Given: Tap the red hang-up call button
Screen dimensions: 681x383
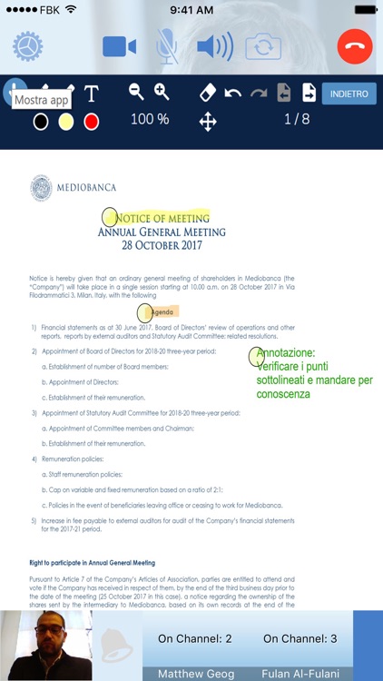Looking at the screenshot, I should tap(355, 46).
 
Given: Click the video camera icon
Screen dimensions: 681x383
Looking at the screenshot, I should tap(119, 46).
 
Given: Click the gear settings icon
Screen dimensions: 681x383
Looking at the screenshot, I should tap(27, 46).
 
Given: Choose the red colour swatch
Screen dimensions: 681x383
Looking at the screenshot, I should tap(91, 122).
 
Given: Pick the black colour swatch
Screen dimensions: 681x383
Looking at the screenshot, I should tap(41, 122).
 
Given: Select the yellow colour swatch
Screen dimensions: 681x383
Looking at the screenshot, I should tap(65, 122).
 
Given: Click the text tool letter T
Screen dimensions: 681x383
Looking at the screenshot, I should tap(91, 94).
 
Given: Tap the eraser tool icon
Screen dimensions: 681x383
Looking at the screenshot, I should tap(207, 93).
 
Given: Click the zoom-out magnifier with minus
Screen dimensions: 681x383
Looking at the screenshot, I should tap(136, 92).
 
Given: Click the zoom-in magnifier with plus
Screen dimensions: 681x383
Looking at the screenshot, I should tap(162, 92).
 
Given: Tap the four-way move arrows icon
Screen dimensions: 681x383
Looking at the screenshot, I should tap(208, 122).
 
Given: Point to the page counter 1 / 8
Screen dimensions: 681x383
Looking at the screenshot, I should tap(297, 119).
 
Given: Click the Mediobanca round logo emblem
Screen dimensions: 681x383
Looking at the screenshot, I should tap(42, 188).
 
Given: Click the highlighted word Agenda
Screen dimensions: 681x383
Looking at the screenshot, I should tap(164, 311).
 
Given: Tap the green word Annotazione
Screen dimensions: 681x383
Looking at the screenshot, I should tap(286, 353).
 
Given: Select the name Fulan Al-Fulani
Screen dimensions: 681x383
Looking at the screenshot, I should tap(300, 674).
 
